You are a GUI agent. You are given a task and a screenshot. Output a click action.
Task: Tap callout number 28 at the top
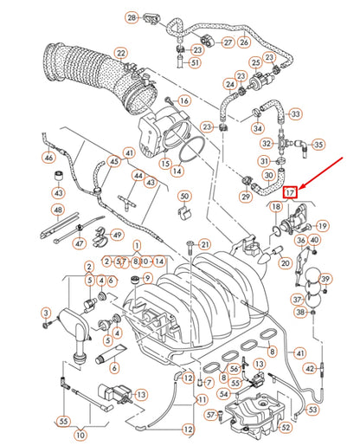pos(132,17)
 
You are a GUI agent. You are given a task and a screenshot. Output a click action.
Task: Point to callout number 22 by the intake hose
pos(120,54)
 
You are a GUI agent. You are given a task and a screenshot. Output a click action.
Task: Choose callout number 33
pos(296,113)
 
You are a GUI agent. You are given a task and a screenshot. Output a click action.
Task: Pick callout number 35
pos(318,144)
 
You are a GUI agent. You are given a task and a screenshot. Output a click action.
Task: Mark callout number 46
pos(48,158)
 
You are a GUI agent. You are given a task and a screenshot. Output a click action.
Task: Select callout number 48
pos(57,210)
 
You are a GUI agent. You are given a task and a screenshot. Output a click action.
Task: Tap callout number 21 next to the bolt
pos(204,244)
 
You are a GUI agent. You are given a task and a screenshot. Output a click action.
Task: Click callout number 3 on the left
pos(46,312)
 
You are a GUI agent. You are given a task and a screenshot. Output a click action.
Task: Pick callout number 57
pos(210,415)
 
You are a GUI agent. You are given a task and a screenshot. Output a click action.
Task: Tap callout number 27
pos(228,41)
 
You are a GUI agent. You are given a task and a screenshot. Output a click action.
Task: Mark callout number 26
pos(245,41)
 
